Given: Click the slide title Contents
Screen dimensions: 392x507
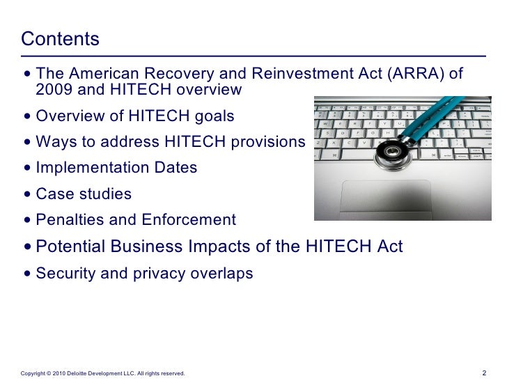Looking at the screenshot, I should click(61, 38).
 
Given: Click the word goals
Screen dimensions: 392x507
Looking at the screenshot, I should click(213, 116).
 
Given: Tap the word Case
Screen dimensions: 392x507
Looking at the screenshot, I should click(54, 194).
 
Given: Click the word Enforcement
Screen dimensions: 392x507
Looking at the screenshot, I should click(189, 220).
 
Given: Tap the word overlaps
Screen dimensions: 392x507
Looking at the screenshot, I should click(222, 274).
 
